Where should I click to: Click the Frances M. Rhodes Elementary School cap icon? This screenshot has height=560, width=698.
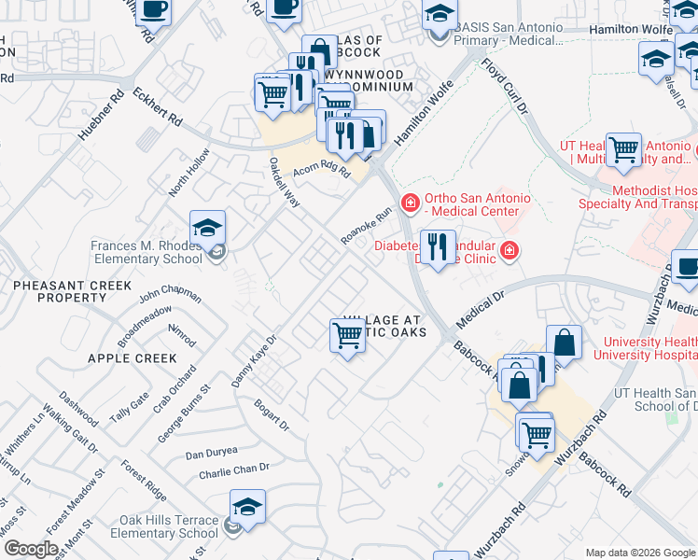pyautogui.click(x=207, y=227)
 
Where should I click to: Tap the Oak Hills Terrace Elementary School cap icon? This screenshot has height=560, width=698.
pyautogui.click(x=247, y=506)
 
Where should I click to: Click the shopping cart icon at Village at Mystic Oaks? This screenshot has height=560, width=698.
pyautogui.click(x=347, y=335)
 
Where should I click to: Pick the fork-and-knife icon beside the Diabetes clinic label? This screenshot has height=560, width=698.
pyautogui.click(x=437, y=246)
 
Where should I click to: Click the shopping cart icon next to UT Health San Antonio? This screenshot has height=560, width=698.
pyautogui.click(x=623, y=148)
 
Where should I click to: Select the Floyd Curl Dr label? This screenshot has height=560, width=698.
pyautogui.click(x=505, y=86)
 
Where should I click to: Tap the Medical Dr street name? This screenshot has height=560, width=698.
pyautogui.click(x=481, y=309)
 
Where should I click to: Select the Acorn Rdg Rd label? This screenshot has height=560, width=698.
pyautogui.click(x=321, y=168)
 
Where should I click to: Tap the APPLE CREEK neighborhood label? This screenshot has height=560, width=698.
pyautogui.click(x=132, y=358)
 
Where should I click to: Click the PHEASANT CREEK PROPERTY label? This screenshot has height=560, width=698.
pyautogui.click(x=59, y=290)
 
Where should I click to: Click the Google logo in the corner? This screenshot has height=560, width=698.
pyautogui.click(x=31, y=549)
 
